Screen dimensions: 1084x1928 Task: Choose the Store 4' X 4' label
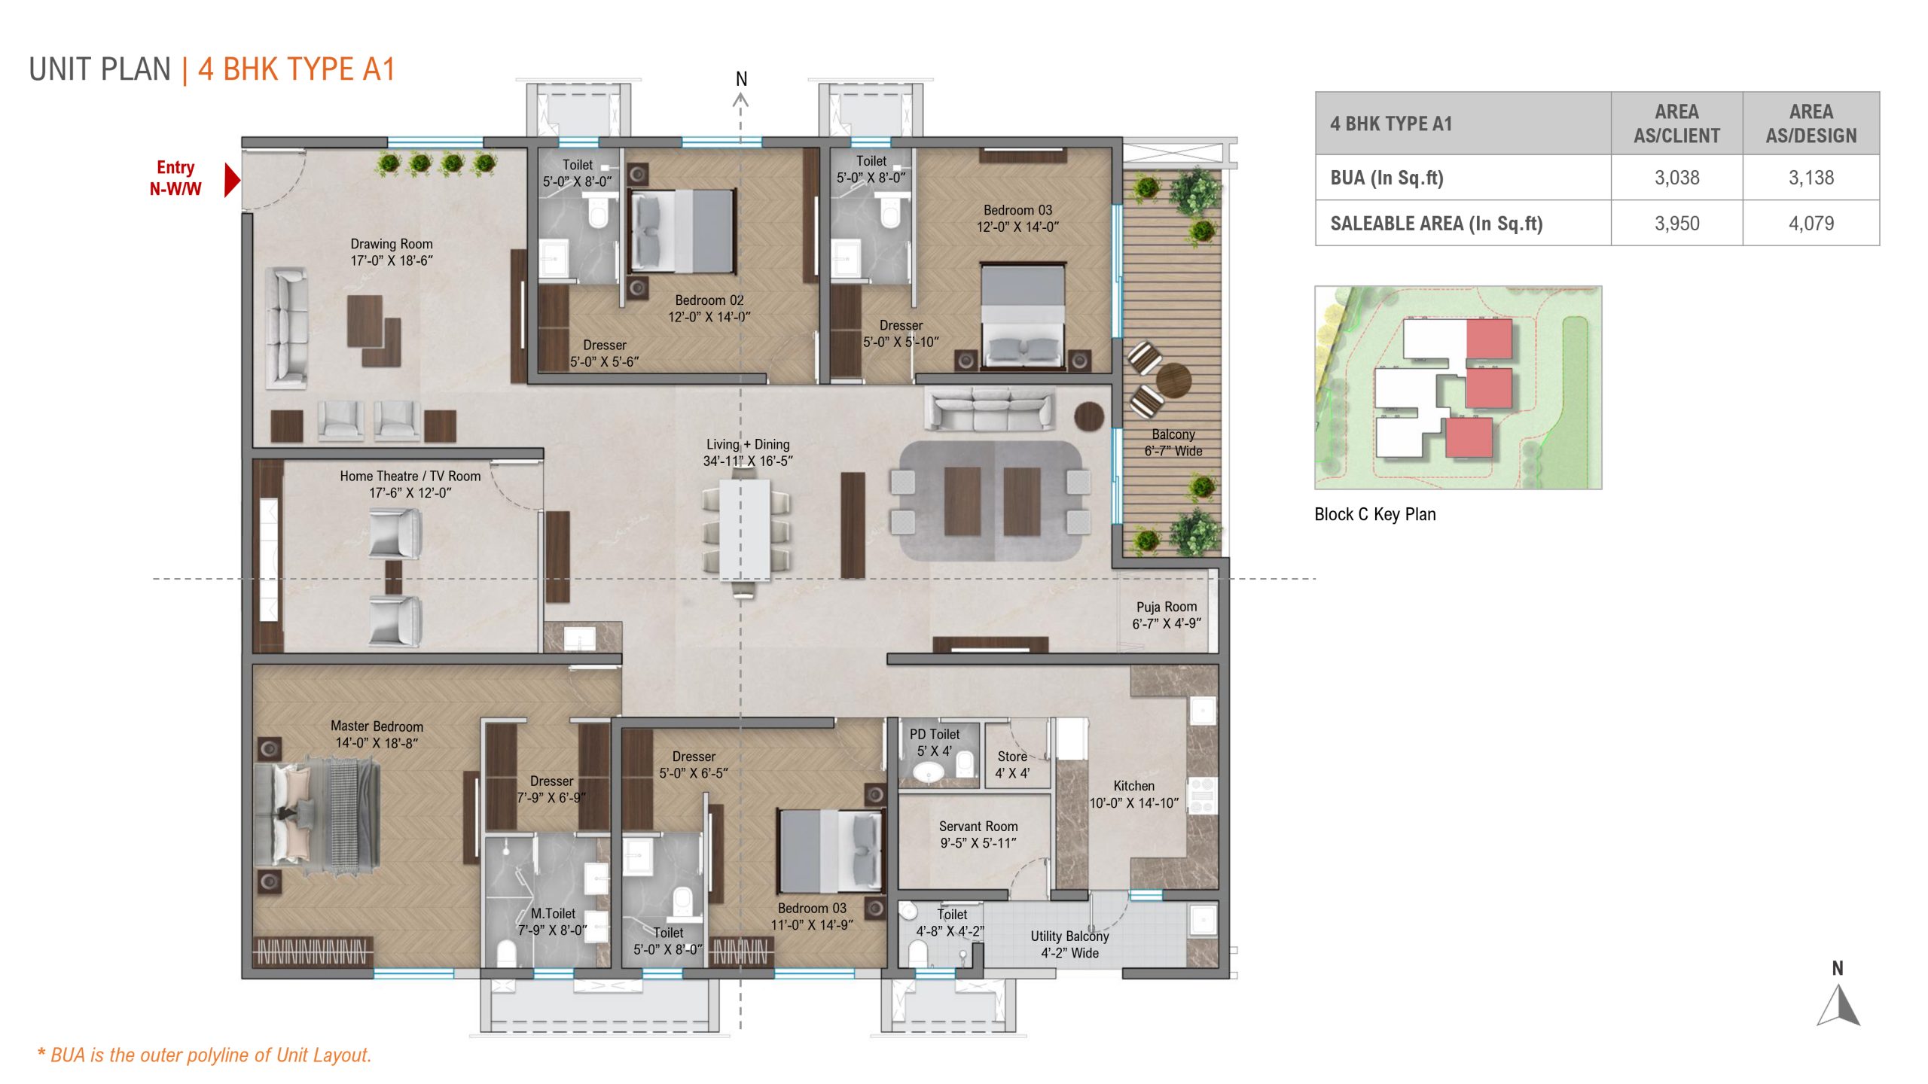(1011, 764)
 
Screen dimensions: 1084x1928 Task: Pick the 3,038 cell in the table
(1676, 178)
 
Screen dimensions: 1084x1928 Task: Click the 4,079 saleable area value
(1811, 223)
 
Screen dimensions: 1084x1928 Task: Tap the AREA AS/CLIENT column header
(1676, 123)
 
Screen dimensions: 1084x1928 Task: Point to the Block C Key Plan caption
(1374, 514)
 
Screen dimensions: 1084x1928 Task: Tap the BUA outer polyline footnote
(204, 1055)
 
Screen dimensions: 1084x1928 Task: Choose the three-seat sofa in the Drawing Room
(286, 327)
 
